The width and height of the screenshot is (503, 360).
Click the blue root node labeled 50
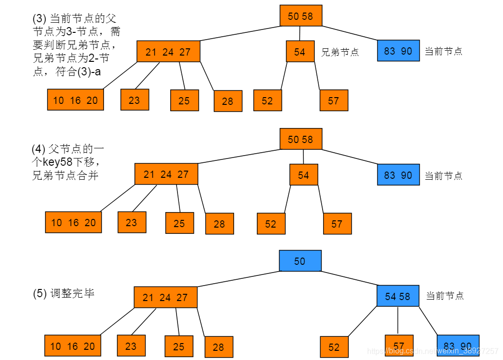click(300, 261)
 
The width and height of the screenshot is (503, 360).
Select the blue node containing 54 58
click(398, 296)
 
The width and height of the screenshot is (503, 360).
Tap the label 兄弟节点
click(340, 52)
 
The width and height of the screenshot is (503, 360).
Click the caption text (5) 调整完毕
click(64, 293)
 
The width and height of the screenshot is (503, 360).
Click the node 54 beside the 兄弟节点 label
click(300, 52)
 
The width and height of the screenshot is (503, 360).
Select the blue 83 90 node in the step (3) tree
click(398, 51)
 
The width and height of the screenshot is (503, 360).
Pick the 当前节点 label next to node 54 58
click(445, 295)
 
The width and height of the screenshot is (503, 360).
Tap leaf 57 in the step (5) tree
click(399, 346)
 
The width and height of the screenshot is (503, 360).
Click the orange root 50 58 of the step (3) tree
click(300, 16)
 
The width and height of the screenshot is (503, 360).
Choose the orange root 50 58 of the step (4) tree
click(300, 139)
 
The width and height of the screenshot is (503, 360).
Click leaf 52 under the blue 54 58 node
click(334, 347)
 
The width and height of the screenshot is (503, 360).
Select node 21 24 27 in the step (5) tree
click(165, 298)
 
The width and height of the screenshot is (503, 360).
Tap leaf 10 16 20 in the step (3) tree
click(75, 100)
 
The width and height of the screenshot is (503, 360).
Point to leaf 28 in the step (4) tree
click(219, 224)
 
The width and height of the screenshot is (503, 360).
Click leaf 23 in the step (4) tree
click(132, 222)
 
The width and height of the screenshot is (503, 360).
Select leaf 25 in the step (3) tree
click(184, 101)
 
